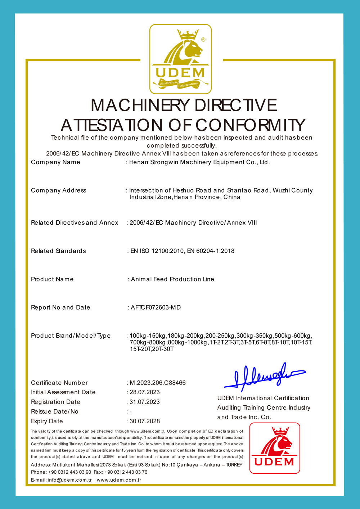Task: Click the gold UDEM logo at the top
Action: [180, 59]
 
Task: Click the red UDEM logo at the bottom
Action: [275, 448]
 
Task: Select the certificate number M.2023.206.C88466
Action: [158, 383]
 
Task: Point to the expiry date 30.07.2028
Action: [145, 421]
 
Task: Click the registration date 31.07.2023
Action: [145, 402]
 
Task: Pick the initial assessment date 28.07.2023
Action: [145, 392]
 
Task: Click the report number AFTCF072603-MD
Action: [156, 307]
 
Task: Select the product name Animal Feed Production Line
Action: [172, 279]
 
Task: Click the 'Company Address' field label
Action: [59, 190]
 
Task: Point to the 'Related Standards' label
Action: [58, 251]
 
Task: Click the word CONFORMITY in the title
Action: [250, 125]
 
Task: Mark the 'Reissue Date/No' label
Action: [55, 411]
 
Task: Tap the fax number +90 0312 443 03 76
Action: [126, 472]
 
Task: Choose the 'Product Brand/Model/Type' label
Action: [71, 336]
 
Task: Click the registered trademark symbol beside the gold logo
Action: [203, 40]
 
